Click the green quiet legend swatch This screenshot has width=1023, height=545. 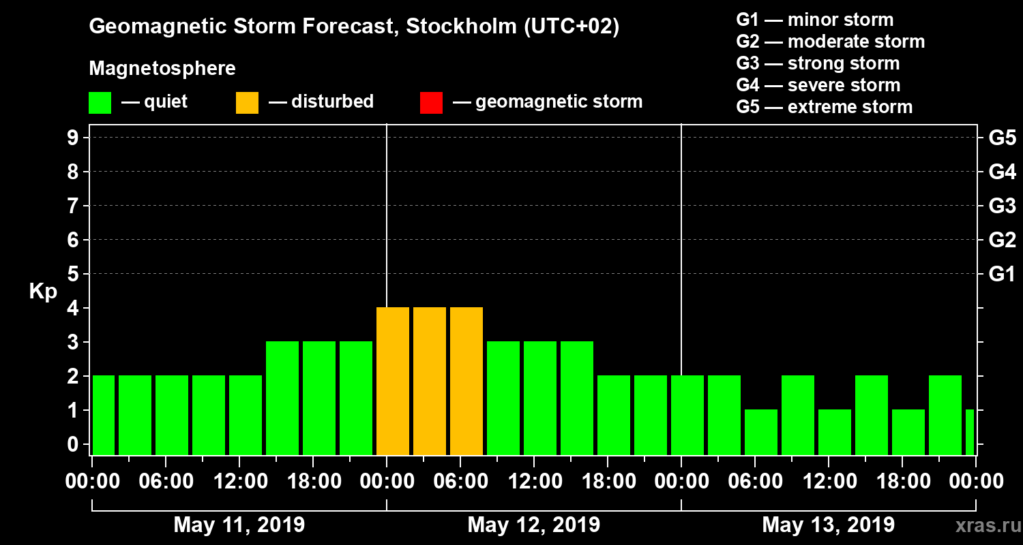100,102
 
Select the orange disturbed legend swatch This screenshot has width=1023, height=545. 247,102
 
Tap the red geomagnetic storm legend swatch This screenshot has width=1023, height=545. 431,102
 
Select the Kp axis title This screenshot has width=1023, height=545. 43,292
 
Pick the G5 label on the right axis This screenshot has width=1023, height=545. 1002,138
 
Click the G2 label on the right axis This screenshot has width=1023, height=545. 1002,240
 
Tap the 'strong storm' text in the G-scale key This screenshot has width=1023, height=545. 844,63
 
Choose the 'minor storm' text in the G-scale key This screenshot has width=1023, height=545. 840,20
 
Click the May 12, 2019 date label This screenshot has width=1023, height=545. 534,525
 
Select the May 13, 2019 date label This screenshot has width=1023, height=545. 828,525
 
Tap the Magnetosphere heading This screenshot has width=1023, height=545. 162,69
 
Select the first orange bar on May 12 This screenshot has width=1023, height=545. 393,381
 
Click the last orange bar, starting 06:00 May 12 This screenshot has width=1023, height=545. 466,381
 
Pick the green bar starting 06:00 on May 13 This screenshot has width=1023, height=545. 761,432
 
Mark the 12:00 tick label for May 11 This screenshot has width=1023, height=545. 239,482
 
